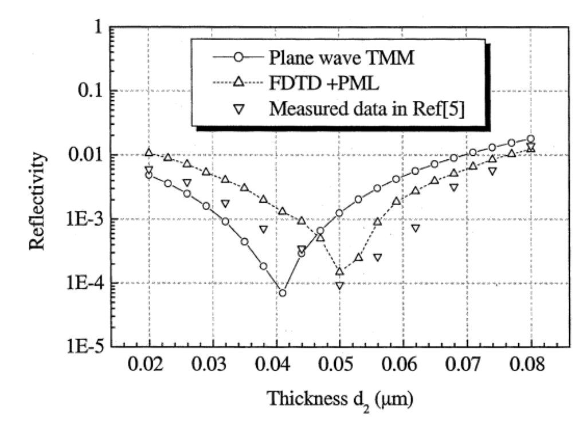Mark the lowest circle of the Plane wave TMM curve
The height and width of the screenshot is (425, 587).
pyautogui.click(x=283, y=293)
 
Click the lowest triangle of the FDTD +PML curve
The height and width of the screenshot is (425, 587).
pyautogui.click(x=339, y=271)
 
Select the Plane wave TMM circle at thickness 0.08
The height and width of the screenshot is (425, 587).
pyautogui.click(x=530, y=139)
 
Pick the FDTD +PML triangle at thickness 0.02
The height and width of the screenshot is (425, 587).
pyautogui.click(x=149, y=152)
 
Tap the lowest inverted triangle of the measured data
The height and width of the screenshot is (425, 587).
pyautogui.click(x=339, y=285)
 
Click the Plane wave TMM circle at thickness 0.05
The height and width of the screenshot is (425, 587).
pyautogui.click(x=339, y=213)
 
